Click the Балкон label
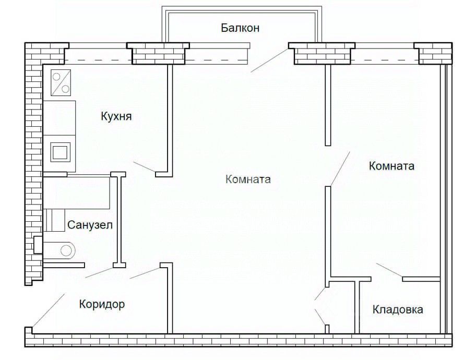[240, 28]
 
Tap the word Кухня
[116, 116]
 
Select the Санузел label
[90, 225]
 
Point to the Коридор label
[102, 304]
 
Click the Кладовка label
[398, 310]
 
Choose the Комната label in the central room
[248, 179]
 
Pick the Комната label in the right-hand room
[391, 166]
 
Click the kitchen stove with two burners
[61, 81]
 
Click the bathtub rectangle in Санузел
[77, 193]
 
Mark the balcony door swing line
[270, 60]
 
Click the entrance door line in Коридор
[49, 310]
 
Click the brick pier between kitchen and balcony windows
[159, 53]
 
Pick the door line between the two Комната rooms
[340, 169]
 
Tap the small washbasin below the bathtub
[54, 220]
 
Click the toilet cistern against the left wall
[38, 245]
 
